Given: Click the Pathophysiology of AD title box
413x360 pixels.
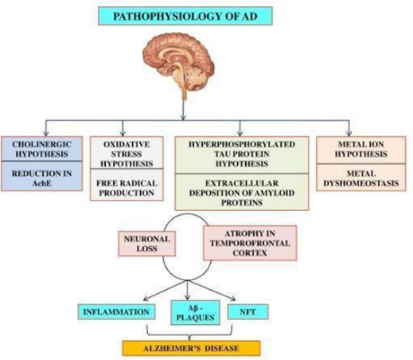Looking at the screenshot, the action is point(185,16).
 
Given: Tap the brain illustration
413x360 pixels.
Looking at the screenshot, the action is point(178,64).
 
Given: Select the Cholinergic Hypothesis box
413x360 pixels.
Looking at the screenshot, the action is point(41,149).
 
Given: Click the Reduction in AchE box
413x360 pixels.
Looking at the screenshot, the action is point(41,176).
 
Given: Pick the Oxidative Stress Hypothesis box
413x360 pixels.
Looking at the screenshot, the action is point(127,153).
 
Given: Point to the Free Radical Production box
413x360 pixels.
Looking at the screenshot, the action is point(127,185).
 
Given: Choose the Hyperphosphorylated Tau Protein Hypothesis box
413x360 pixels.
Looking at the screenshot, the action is point(242,155).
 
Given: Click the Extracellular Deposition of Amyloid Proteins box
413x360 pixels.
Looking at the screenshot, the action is point(242,192).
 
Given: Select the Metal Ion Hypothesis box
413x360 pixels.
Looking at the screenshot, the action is point(361,150).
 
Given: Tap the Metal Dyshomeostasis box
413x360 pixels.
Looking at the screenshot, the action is point(361,178).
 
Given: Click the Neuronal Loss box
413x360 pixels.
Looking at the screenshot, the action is point(146,244).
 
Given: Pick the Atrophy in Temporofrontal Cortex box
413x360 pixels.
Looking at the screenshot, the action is point(250,243).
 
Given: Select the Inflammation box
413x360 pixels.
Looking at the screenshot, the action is point(116,311).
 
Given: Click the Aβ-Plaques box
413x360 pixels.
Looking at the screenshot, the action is point(195,313).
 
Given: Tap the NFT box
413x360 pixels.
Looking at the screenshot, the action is point(247,311).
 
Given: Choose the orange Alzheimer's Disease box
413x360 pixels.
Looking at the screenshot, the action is point(191,348).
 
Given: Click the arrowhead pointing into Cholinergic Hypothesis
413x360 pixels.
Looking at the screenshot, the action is point(46,134).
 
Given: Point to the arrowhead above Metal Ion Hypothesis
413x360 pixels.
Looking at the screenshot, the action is point(349,134).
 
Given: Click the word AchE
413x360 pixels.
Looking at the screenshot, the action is point(41,183).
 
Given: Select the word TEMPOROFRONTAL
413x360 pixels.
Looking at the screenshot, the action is point(250,243).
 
